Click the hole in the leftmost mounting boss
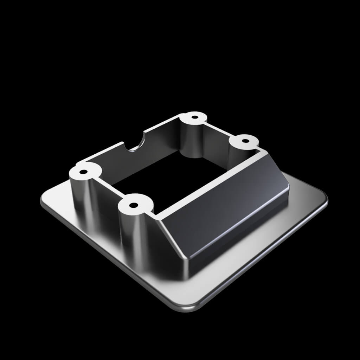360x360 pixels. tap(84, 172)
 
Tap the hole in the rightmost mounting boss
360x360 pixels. tap(245, 141)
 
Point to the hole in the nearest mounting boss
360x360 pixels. tap(133, 205)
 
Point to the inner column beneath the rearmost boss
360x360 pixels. tap(192, 142)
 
